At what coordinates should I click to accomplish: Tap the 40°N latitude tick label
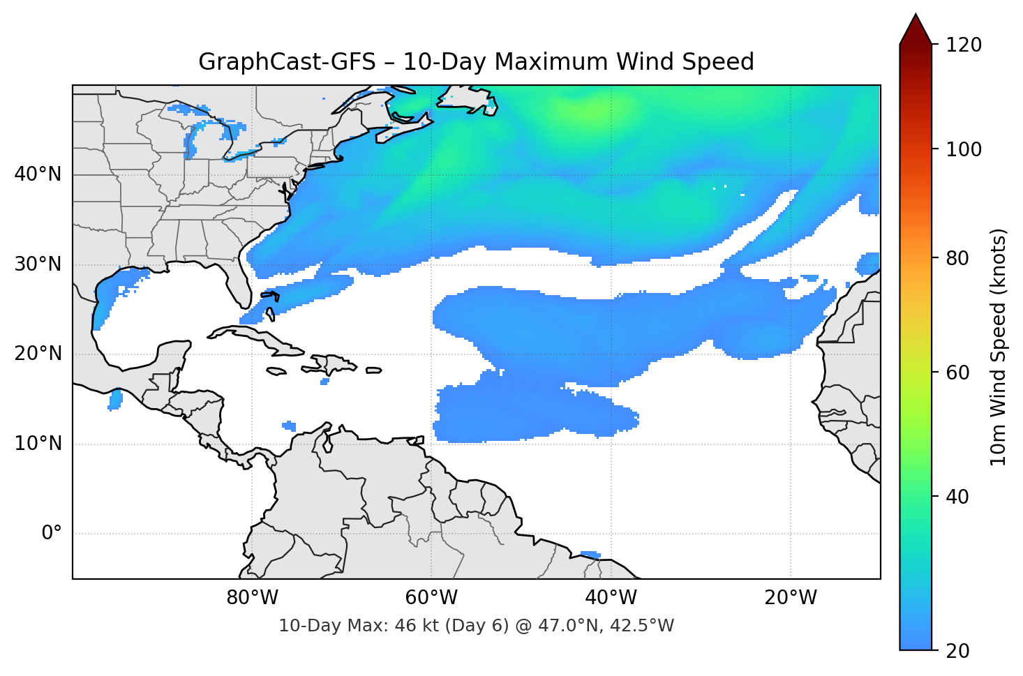(38, 174)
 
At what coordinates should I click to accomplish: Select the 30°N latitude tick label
(38, 264)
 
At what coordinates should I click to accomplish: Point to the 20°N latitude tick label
(38, 354)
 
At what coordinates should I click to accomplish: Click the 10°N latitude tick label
(38, 444)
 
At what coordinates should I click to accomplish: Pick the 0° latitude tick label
(52, 534)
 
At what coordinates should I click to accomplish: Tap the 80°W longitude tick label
(252, 598)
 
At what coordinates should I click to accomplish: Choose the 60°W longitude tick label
(431, 598)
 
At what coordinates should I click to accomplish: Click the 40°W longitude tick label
(611, 598)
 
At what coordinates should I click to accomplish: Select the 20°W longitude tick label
(790, 598)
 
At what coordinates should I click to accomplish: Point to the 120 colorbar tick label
(964, 45)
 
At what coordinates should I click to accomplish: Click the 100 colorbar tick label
(964, 149)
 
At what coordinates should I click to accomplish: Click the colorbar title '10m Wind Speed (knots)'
(999, 347)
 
